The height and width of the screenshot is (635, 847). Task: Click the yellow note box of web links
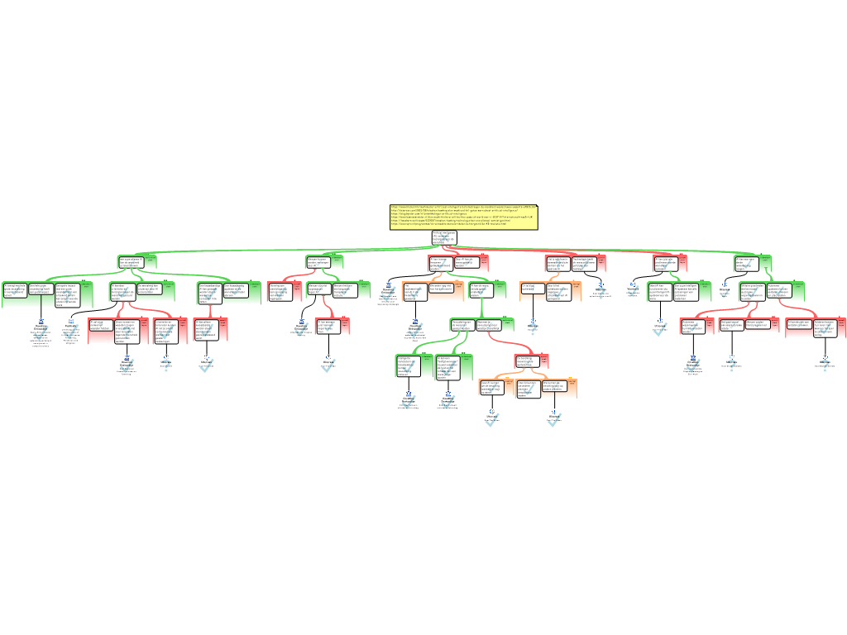[463, 217]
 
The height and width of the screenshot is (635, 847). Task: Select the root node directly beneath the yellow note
[444, 238]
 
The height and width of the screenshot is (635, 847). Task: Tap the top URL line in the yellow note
[463, 208]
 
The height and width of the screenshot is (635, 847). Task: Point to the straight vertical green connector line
[481, 308]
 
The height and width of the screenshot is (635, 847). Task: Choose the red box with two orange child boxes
[530, 361]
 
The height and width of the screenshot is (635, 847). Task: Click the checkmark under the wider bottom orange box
[492, 419]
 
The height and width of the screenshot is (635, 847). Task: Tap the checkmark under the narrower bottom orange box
[554, 419]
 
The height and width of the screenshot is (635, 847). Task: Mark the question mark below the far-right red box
[825, 364]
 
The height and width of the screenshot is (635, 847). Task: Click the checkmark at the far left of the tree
[41, 332]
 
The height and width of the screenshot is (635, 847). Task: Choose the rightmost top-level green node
[753, 264]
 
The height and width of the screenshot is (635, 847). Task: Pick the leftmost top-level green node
[137, 263]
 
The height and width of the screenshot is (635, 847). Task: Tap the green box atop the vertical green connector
[487, 289]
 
